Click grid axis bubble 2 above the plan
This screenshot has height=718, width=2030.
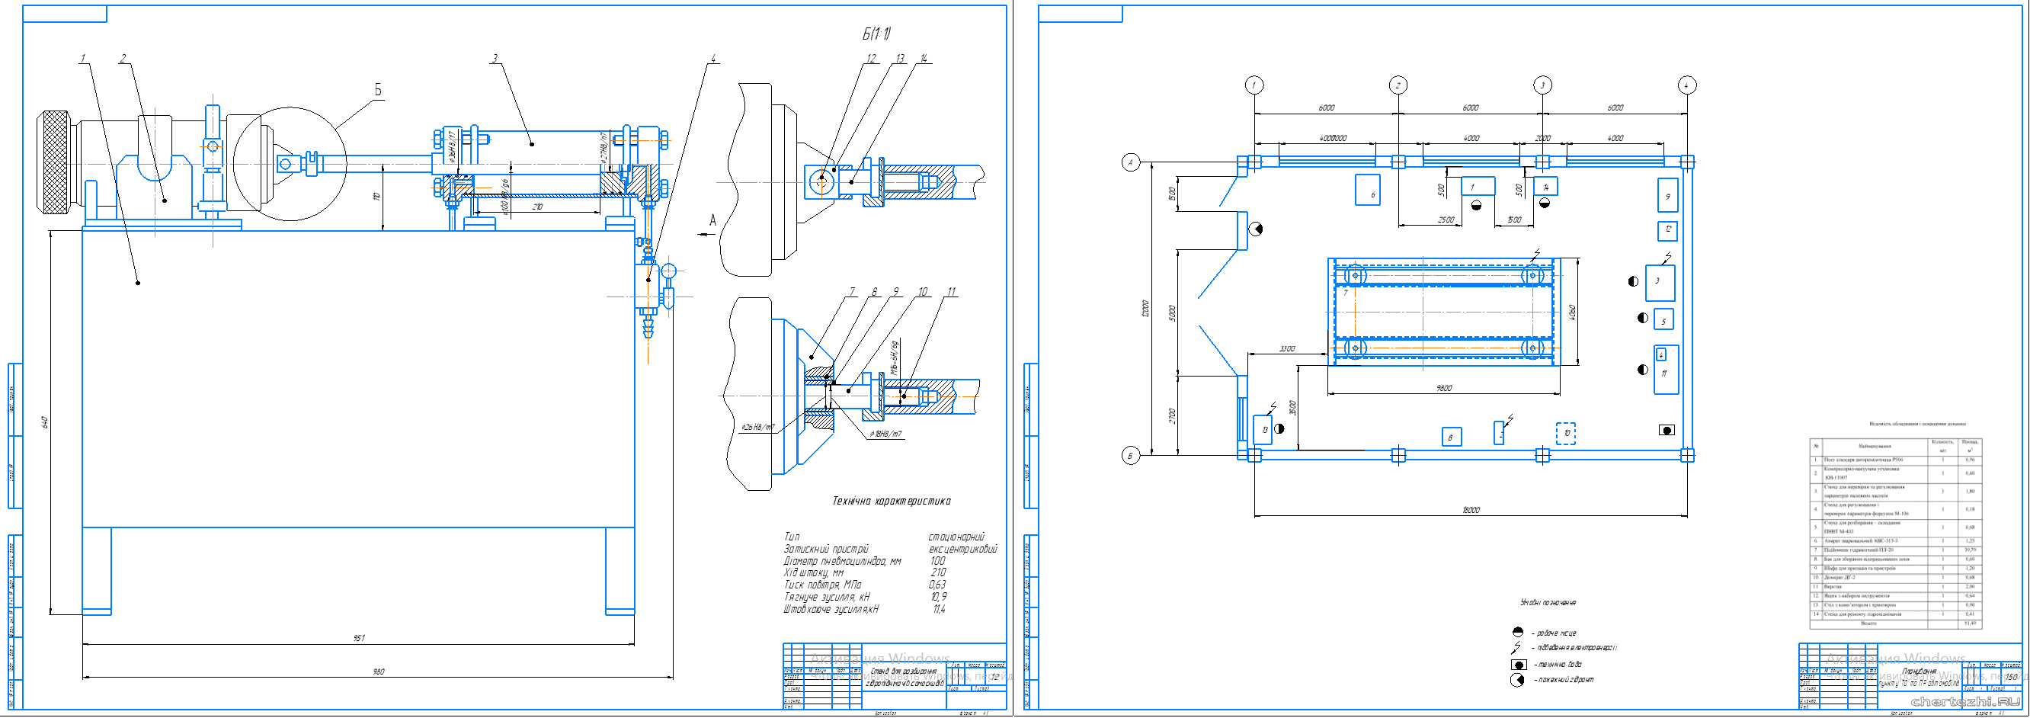pos(1398,85)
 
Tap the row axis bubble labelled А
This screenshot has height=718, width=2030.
pos(1131,162)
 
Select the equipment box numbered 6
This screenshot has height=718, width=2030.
pos(1367,190)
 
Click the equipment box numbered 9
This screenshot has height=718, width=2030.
pos(1667,195)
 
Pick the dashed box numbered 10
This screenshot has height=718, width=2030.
pos(1566,434)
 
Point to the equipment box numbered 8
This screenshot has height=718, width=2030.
pos(1451,438)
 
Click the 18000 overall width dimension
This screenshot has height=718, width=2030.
pos(1471,510)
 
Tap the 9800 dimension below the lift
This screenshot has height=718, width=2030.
pos(1444,388)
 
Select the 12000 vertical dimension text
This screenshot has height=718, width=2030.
pos(1145,308)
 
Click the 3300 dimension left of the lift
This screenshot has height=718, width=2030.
pos(1287,348)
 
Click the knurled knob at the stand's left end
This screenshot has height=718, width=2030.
pos(54,162)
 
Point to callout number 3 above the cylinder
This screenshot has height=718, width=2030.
pos(494,59)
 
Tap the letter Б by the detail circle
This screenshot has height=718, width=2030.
pos(377,91)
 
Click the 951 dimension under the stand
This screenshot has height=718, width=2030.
pos(360,638)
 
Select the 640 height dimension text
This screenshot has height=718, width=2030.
pos(45,422)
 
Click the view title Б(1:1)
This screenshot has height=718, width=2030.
pos(876,34)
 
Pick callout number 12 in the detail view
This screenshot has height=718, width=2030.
pos(871,59)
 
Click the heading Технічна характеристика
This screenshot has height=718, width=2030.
pos(892,502)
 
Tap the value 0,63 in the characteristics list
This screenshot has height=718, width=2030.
pos(937,585)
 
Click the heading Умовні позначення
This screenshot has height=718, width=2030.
pos(1548,603)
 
